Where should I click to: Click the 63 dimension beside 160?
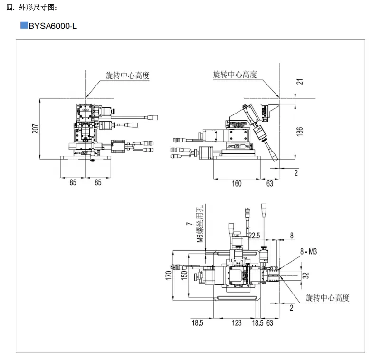pyautogui.click(x=269, y=183)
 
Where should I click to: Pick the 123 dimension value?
pyautogui.click(x=236, y=323)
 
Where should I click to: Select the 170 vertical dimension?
pyautogui.click(x=168, y=275)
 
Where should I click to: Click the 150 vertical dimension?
pyautogui.click(x=184, y=275)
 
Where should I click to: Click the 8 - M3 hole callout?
pyautogui.click(x=308, y=251)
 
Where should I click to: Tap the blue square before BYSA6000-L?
pyautogui.click(x=24, y=26)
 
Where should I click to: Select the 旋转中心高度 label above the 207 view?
pyautogui.click(x=127, y=75)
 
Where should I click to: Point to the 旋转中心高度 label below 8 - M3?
pyautogui.click(x=327, y=298)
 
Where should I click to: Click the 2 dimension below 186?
pyautogui.click(x=296, y=173)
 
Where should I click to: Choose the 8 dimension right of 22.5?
pyautogui.click(x=292, y=235)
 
